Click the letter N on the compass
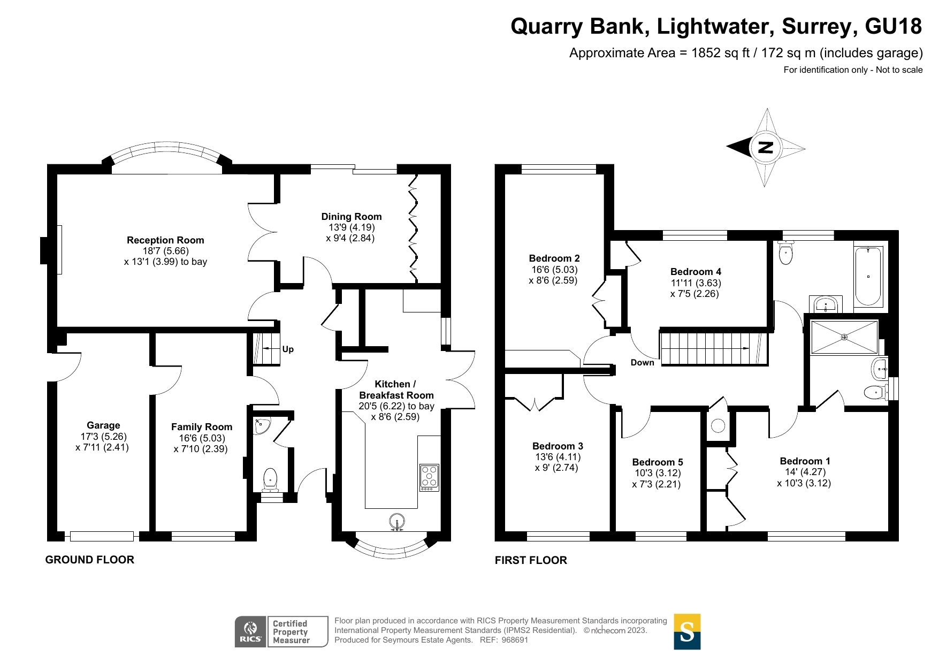[x=766, y=148]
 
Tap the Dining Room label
[x=351, y=217]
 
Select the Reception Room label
[x=165, y=240]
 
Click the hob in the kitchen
[x=429, y=477]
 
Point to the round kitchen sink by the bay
[x=396, y=521]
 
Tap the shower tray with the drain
[x=844, y=337]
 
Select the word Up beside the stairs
[x=288, y=349]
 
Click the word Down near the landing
[x=642, y=363]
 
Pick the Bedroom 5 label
[x=658, y=462]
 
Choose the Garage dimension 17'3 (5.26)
[x=103, y=437]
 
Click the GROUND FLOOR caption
[x=90, y=560]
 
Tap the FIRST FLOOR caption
[x=531, y=560]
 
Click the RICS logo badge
[x=250, y=631]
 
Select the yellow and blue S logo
[x=687, y=631]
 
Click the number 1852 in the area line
[x=706, y=53]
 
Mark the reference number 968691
[x=515, y=640]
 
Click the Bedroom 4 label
[x=696, y=272]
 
